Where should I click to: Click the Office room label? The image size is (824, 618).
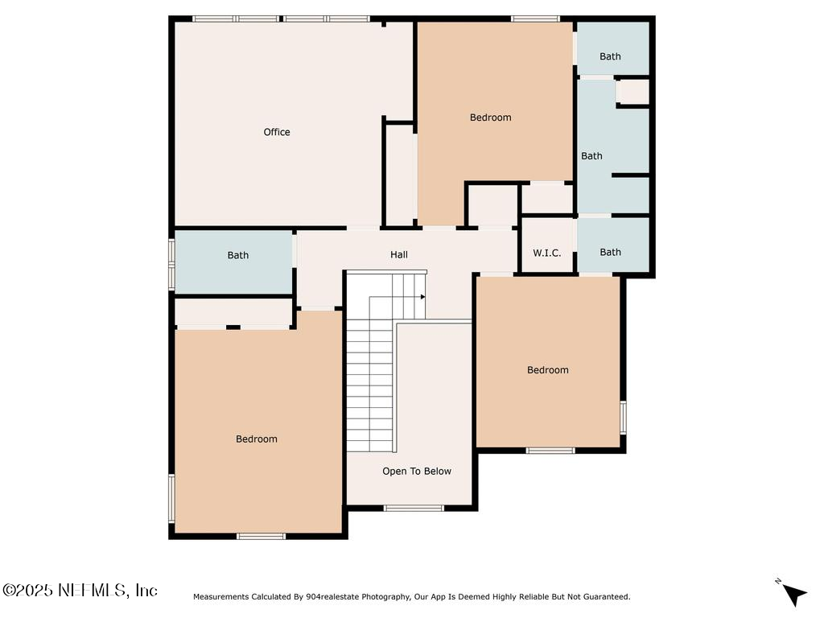277,132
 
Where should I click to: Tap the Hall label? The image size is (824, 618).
399,255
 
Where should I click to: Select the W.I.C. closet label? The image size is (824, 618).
547,253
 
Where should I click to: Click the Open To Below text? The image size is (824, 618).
417,472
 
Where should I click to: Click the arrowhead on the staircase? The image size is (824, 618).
422,296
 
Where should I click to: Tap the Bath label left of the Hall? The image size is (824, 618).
238,255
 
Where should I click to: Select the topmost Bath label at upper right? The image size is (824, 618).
610,56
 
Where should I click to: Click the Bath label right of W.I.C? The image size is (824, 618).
610,252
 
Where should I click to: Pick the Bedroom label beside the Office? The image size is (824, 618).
491,117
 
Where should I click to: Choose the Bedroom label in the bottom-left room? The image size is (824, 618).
257,439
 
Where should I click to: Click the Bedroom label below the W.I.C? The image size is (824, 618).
548,370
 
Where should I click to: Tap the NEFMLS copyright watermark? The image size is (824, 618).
80,591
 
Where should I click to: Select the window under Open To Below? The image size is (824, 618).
414,508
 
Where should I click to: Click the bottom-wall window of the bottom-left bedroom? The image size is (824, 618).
261,535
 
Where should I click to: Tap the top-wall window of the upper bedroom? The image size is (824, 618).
535,19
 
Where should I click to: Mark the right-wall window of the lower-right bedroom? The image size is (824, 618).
623,418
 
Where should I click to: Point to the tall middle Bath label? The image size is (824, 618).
591,156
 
